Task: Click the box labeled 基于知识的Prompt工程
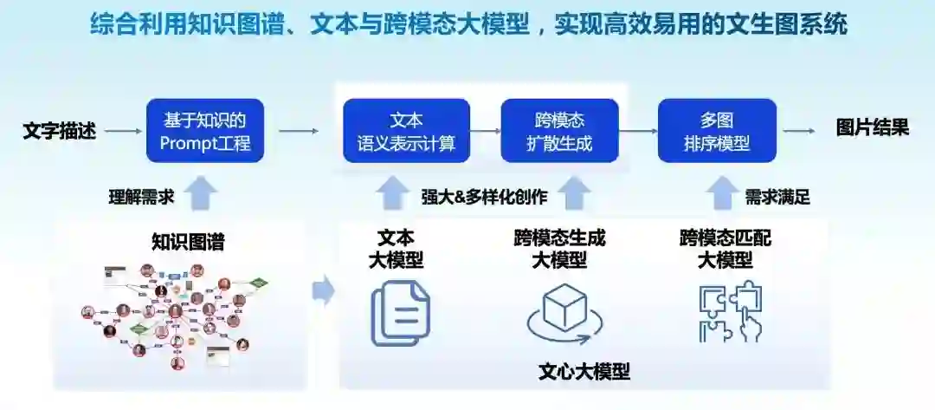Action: point(205,130)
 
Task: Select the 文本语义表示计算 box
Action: point(406,130)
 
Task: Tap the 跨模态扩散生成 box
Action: point(559,130)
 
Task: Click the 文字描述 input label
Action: point(59,131)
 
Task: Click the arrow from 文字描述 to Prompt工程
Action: point(123,131)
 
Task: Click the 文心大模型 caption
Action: point(584,373)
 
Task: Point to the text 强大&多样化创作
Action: point(484,197)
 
